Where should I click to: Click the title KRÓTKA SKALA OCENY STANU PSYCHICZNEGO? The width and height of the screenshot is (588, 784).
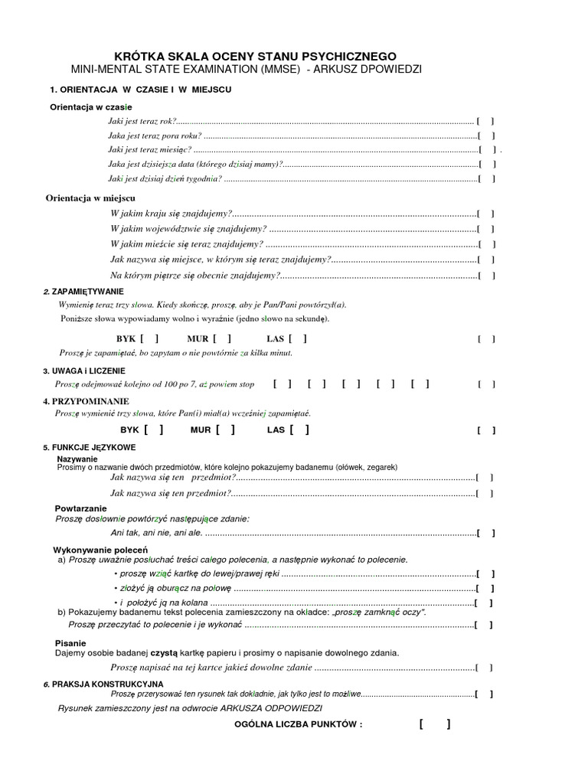[255, 57]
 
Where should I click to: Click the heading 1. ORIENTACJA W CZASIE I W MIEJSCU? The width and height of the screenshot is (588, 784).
[140, 90]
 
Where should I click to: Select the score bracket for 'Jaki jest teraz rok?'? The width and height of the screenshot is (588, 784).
[485, 121]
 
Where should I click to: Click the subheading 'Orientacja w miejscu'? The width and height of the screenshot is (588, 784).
[90, 198]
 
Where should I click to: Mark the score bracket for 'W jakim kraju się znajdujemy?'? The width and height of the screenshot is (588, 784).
[485, 214]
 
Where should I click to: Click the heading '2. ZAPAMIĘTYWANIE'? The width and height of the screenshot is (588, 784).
[83, 292]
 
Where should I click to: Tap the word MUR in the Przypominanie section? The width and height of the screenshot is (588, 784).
[201, 430]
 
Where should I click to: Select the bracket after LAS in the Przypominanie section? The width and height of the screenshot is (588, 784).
[300, 430]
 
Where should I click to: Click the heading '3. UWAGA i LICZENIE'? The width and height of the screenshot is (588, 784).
[83, 371]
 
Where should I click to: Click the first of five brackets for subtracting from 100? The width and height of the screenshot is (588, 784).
[281, 384]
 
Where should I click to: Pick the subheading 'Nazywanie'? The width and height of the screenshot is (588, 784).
[77, 459]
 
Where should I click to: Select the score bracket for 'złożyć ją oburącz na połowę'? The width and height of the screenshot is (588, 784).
[485, 589]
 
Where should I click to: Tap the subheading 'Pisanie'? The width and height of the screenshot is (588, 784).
[70, 642]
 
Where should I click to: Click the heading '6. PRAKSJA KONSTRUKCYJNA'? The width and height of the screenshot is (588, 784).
[103, 682]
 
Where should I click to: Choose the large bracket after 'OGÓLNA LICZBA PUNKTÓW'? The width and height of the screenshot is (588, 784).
[434, 724]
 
